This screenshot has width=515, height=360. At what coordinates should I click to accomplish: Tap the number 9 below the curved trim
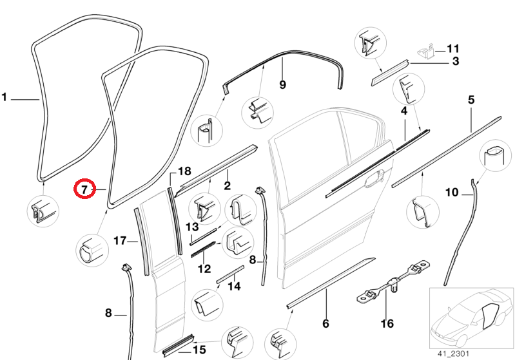tap(282, 84)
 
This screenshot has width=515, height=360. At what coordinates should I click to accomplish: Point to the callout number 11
tap(453, 48)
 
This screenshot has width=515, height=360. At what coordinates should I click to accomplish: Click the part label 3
tap(454, 62)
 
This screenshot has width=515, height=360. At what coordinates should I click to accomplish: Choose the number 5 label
tap(471, 100)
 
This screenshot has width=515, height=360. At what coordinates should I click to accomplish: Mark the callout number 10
tap(452, 193)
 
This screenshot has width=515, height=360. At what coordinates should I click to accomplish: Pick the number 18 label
tap(184, 171)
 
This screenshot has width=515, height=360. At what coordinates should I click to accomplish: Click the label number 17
tap(120, 241)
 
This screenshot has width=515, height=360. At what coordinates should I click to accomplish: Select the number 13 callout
tap(192, 227)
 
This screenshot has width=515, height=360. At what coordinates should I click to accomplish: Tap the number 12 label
tap(204, 269)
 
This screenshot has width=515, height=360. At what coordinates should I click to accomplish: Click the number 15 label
tap(199, 350)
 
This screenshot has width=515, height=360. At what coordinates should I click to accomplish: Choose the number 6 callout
tap(326, 323)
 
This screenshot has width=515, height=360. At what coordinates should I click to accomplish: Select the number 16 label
tap(387, 323)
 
